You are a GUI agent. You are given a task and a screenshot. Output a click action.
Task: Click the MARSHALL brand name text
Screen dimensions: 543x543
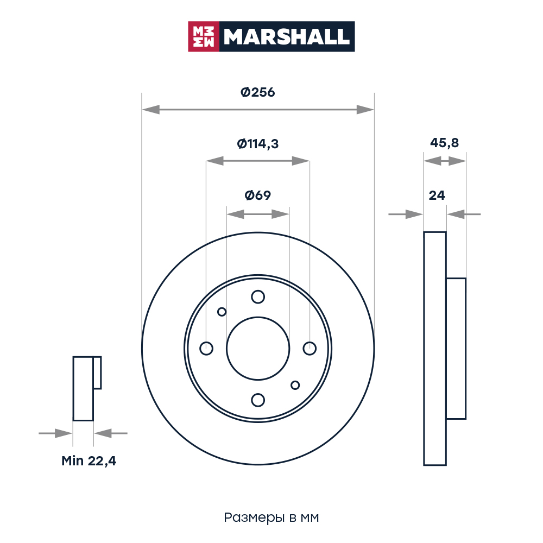pos(286,37)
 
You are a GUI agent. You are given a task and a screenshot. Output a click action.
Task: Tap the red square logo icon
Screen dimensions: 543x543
pos(204,37)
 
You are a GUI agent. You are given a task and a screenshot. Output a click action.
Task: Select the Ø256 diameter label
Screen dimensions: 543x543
pos(257,92)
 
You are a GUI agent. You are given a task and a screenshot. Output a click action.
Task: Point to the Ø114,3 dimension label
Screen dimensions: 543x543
pos(257,144)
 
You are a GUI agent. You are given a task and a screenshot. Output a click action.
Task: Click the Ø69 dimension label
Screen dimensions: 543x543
pos(257,195)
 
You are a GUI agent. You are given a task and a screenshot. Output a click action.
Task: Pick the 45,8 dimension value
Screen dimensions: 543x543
pos(444,143)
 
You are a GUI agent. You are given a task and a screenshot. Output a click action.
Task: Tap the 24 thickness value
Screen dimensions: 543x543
pos(437,195)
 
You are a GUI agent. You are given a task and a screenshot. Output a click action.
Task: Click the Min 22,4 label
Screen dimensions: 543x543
pos(89,461)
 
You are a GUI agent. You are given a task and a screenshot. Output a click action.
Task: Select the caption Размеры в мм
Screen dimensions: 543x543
pos(271,517)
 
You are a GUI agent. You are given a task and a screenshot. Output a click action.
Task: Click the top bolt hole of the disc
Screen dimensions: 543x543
pos(258,297)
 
